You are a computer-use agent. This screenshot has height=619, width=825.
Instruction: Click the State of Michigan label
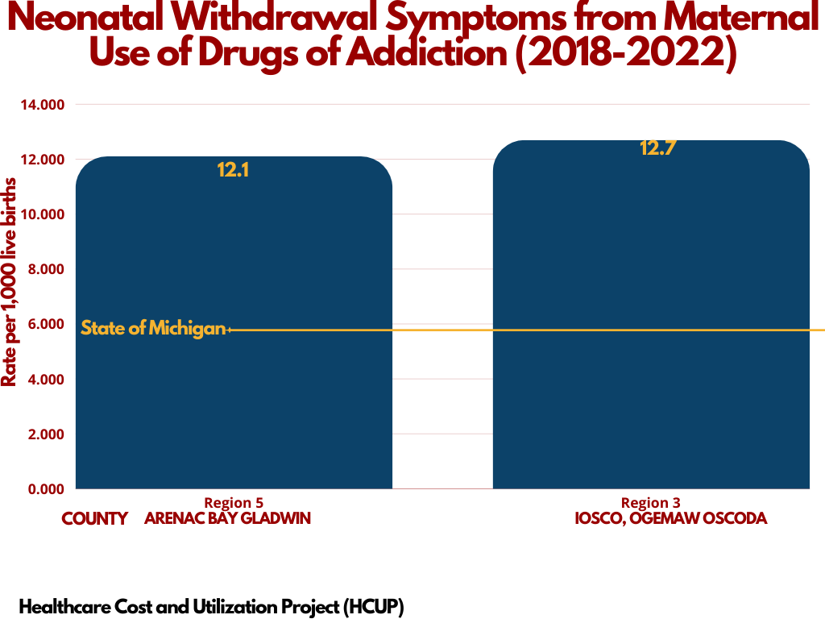point(153,329)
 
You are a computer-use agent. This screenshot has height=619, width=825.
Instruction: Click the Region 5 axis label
point(234,503)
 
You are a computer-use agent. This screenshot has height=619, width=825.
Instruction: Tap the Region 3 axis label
point(651,503)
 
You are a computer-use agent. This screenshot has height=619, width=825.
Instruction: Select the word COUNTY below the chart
point(95,519)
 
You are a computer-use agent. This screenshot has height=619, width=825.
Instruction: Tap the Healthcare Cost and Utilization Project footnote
point(211,605)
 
